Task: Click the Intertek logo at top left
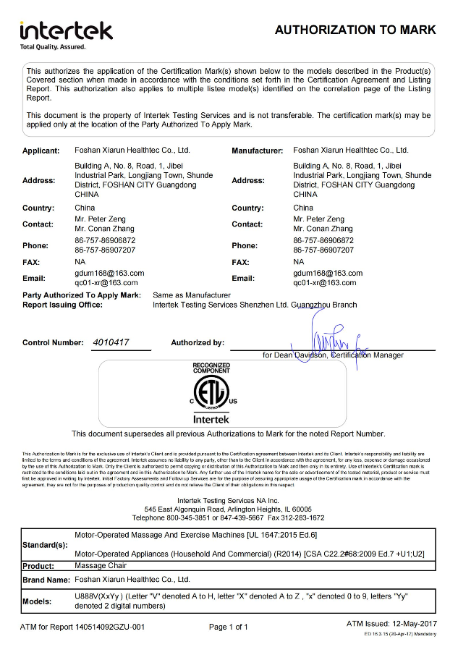pyautogui.click(x=66, y=30)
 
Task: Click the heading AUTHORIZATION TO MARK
pyautogui.click(x=355, y=30)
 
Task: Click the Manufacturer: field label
pyautogui.click(x=257, y=151)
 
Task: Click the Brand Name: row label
pyautogui.click(x=46, y=580)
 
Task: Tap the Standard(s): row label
pyautogui.click(x=46, y=544)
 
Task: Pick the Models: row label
pyautogui.click(x=38, y=601)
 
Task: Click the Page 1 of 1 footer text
pyautogui.click(x=229, y=627)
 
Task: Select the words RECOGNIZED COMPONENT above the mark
pyautogui.click(x=211, y=368)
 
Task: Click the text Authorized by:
pyautogui.click(x=198, y=342)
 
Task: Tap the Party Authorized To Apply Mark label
pyautogui.click(x=81, y=295)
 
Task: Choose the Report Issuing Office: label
pyautogui.click(x=63, y=305)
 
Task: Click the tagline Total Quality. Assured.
pyautogui.click(x=52, y=47)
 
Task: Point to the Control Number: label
pyautogui.click(x=53, y=342)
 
